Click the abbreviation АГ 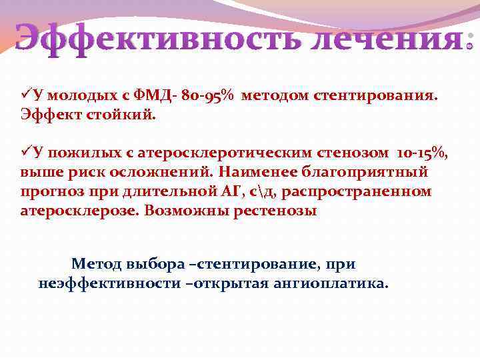click(x=233, y=192)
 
